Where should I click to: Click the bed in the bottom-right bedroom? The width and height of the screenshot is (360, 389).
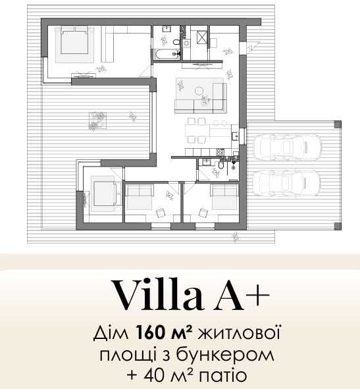pyautogui.click(x=224, y=195)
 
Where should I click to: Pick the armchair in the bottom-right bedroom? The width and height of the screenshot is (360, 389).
pyautogui.click(x=203, y=213)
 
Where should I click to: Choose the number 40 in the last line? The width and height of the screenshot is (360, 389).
pyautogui.click(x=153, y=376)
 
